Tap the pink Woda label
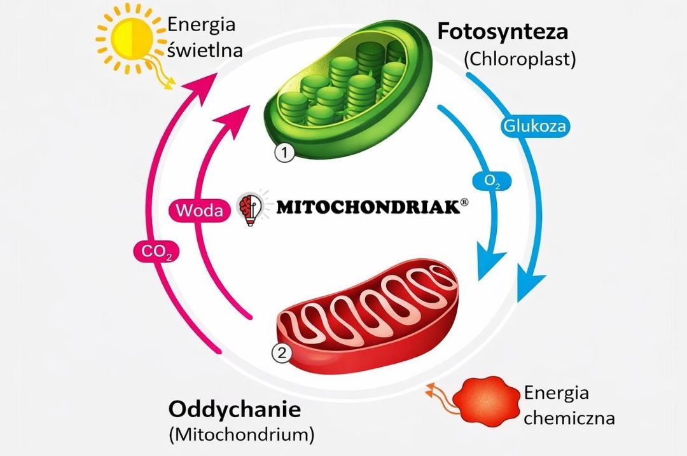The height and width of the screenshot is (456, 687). [x=200, y=211]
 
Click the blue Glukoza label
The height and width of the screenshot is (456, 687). [x=534, y=126]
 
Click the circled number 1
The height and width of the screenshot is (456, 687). [x=285, y=153]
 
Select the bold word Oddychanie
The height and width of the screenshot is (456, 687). [x=233, y=409]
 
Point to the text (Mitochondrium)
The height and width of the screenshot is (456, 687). [x=241, y=436]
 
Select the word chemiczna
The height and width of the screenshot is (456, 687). [x=569, y=418]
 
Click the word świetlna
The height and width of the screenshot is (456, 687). [x=204, y=50]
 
